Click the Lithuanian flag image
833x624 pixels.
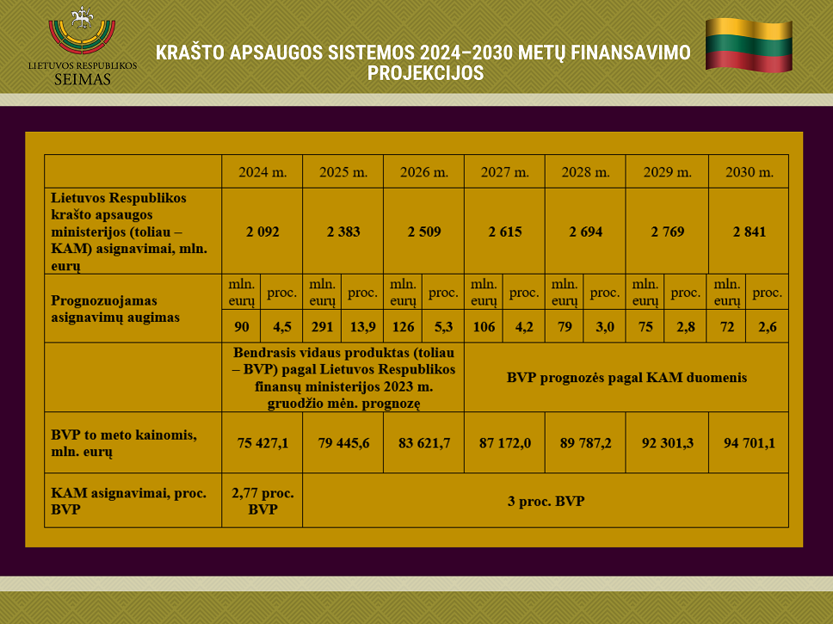tap(749, 45)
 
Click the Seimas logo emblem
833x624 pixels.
tap(82, 30)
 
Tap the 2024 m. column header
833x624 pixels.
tap(262, 172)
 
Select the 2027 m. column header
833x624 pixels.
tap(504, 172)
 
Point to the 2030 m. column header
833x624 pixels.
tap(749, 172)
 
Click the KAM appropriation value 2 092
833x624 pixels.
tap(262, 232)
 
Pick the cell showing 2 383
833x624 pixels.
tap(343, 232)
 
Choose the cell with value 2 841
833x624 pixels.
tap(749, 232)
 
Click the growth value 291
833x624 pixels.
tap(322, 327)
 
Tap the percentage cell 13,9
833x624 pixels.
tap(363, 327)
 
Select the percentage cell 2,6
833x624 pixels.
tap(767, 327)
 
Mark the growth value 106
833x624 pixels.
tap(484, 327)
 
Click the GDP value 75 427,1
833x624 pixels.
tap(262, 443)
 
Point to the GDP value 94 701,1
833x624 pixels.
tap(749, 443)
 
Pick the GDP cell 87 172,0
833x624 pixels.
tap(504, 443)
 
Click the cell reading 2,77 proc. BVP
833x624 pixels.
tap(262, 501)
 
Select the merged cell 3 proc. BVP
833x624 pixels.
tap(546, 501)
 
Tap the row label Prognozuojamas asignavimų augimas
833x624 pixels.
tap(115, 309)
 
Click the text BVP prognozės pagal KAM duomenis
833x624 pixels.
tap(626, 377)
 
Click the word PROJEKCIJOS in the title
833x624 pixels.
tap(425, 73)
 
